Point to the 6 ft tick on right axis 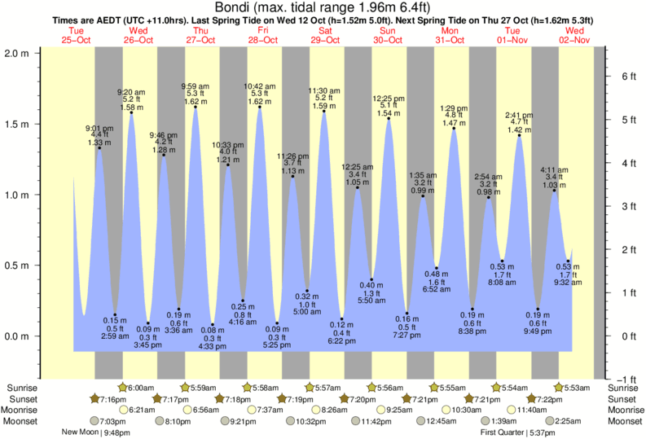pyautogui.click(x=626, y=77)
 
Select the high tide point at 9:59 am pyautogui.click(x=195, y=107)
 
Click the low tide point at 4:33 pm pyautogui.click(x=213, y=325)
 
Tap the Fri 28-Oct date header pyautogui.click(x=262, y=35)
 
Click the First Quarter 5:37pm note pyautogui.click(x=513, y=432)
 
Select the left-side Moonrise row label pyautogui.click(x=23, y=410)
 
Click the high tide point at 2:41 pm pyautogui.click(x=519, y=135)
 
